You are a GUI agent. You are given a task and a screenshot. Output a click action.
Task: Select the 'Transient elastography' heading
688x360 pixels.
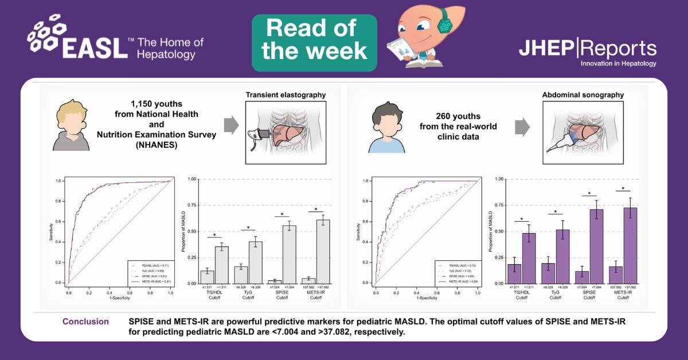(286, 95)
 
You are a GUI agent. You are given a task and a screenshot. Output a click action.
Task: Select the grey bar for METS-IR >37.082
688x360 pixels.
(324, 251)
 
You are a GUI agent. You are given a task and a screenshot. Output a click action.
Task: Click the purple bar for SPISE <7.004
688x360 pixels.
(597, 246)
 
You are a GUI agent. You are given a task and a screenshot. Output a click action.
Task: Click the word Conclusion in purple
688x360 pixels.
(85, 322)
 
